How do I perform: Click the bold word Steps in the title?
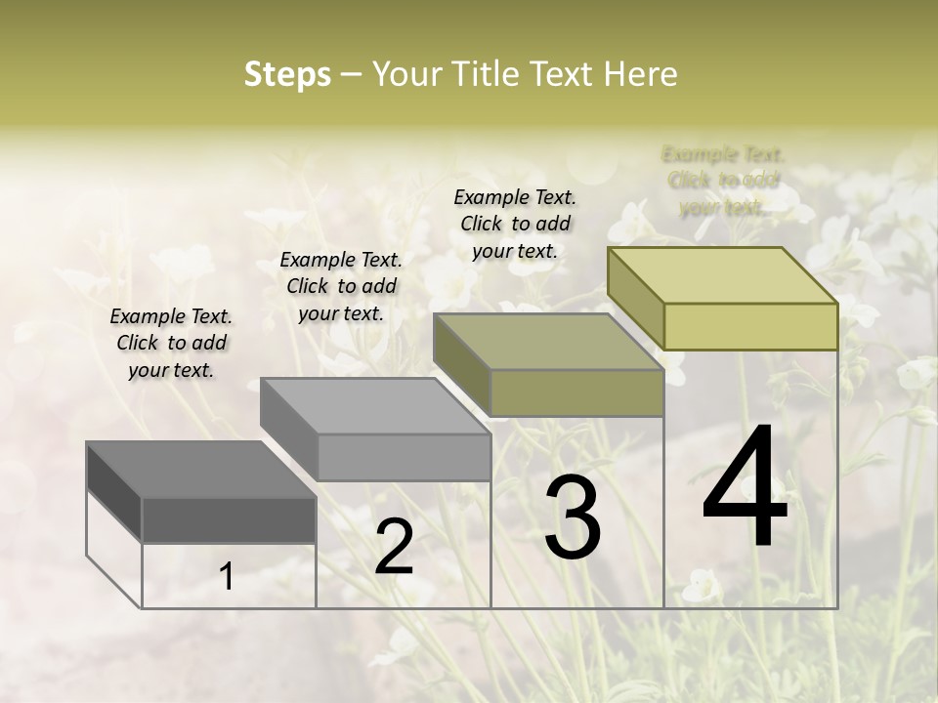[x=287, y=74]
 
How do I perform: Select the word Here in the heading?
[x=641, y=74]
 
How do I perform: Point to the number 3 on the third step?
[x=573, y=517]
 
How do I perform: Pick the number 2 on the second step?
[x=394, y=547]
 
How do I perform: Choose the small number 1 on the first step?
[x=227, y=577]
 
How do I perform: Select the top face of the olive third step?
[x=548, y=342]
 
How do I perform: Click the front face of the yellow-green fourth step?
[x=750, y=326]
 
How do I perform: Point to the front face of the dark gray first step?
[x=229, y=520]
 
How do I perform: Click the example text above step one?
[x=171, y=343]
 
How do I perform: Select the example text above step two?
[x=341, y=286]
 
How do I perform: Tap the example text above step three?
[x=515, y=224]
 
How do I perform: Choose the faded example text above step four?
[x=723, y=181]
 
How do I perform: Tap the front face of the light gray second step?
[x=404, y=457]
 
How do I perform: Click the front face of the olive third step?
[x=576, y=393]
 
